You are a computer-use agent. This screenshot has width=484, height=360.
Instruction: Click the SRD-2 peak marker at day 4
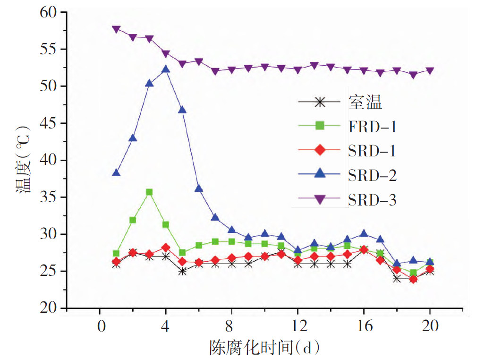click(x=166, y=69)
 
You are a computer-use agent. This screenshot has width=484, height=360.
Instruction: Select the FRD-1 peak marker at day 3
click(x=149, y=192)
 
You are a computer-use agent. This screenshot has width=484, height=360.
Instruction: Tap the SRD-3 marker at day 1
click(x=116, y=29)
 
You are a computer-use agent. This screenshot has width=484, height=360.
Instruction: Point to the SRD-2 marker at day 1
click(x=116, y=173)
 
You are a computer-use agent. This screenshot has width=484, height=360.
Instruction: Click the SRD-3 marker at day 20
click(x=430, y=71)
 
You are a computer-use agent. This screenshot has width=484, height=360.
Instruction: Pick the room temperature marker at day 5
click(x=182, y=272)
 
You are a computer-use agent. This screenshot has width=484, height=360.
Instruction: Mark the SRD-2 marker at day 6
click(x=199, y=189)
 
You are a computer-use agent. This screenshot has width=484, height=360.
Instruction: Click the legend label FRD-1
click(x=372, y=126)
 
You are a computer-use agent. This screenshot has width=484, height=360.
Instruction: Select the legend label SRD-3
click(x=372, y=200)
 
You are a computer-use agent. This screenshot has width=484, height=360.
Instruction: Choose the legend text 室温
click(x=365, y=101)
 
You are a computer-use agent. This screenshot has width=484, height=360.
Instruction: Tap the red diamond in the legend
click(x=320, y=150)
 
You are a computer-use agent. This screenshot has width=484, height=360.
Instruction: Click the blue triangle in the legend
click(x=320, y=175)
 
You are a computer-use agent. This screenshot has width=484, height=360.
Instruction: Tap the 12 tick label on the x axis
click(x=297, y=326)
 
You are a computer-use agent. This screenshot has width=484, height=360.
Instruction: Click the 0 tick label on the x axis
click(x=100, y=326)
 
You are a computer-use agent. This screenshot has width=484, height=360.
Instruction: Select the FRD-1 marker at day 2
click(x=133, y=220)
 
